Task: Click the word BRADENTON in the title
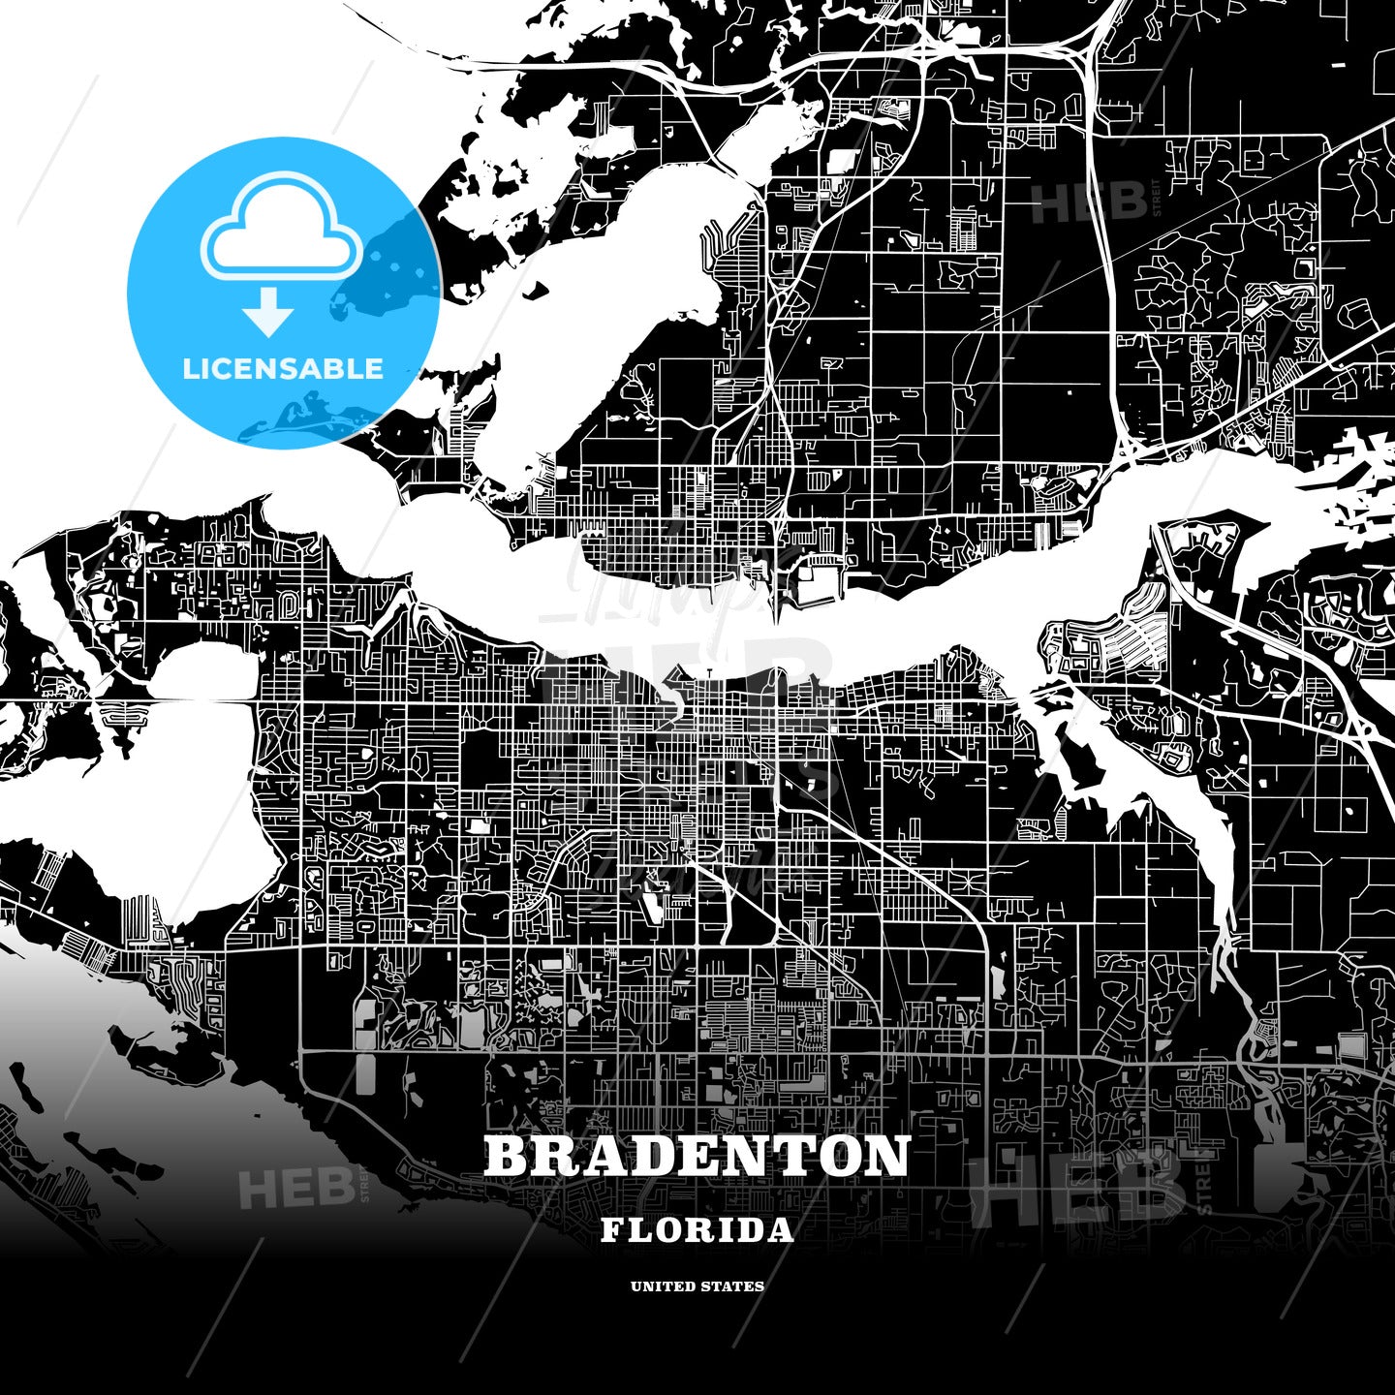point(697,1156)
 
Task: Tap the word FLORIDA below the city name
point(697,1230)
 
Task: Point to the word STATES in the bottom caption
point(735,1286)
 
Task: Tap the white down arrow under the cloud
point(268,309)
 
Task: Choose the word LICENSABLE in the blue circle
point(283,368)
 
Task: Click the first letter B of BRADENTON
point(507,1156)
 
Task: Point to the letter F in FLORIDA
point(612,1230)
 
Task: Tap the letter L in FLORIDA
point(640,1230)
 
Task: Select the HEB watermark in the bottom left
point(294,1188)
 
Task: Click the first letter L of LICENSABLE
point(191,368)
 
